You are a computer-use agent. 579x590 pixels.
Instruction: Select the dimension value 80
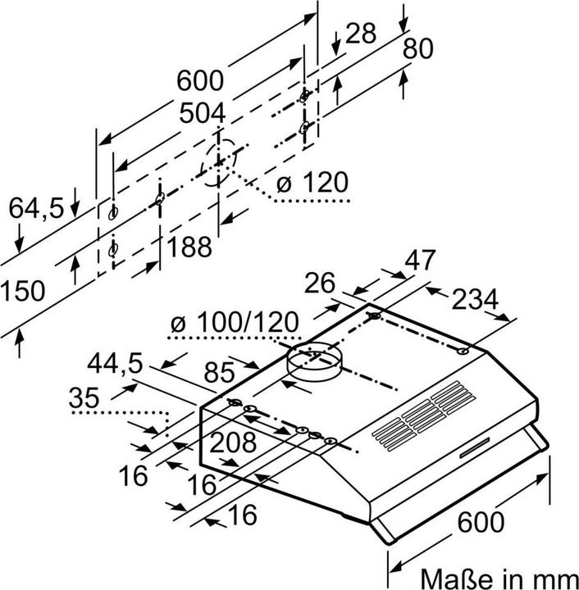tap(417, 50)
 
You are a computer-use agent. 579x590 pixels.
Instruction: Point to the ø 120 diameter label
tap(312, 182)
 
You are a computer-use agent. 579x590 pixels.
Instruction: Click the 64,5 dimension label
tap(36, 209)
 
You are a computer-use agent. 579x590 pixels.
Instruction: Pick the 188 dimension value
tap(190, 245)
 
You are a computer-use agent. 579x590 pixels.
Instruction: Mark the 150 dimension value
tap(22, 291)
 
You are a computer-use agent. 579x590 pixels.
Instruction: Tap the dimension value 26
tap(321, 284)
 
